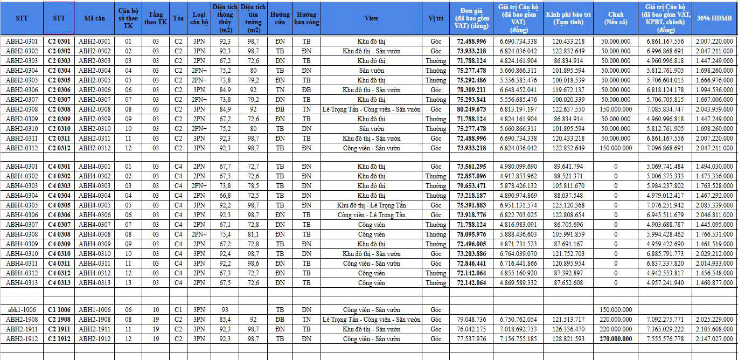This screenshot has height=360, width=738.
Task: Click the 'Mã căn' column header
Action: [x=95, y=18]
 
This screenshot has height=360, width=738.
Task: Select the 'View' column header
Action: [x=371, y=18]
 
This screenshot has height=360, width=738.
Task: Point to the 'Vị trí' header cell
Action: [x=436, y=18]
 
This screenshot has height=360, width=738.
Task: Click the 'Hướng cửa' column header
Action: [x=280, y=18]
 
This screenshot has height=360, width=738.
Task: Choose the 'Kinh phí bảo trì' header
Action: [x=568, y=18]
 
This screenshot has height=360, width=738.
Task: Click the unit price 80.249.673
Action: [x=471, y=109]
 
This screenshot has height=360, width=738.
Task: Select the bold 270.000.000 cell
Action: [x=616, y=339]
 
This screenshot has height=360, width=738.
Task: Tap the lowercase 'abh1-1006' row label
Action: [x=22, y=310]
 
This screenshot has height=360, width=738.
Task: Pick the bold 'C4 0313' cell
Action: [x=59, y=283]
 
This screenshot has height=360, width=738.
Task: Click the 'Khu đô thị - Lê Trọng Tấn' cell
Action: [x=371, y=205]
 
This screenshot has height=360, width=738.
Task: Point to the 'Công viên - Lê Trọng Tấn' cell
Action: [x=371, y=215]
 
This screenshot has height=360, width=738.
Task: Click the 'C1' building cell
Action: [x=179, y=310]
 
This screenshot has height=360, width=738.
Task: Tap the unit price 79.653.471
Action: [x=471, y=186]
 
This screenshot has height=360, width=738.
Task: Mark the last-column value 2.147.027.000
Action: [x=714, y=339]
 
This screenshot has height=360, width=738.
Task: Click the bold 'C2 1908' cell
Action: [x=59, y=320]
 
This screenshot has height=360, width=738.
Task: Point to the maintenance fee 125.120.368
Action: [x=568, y=205]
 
